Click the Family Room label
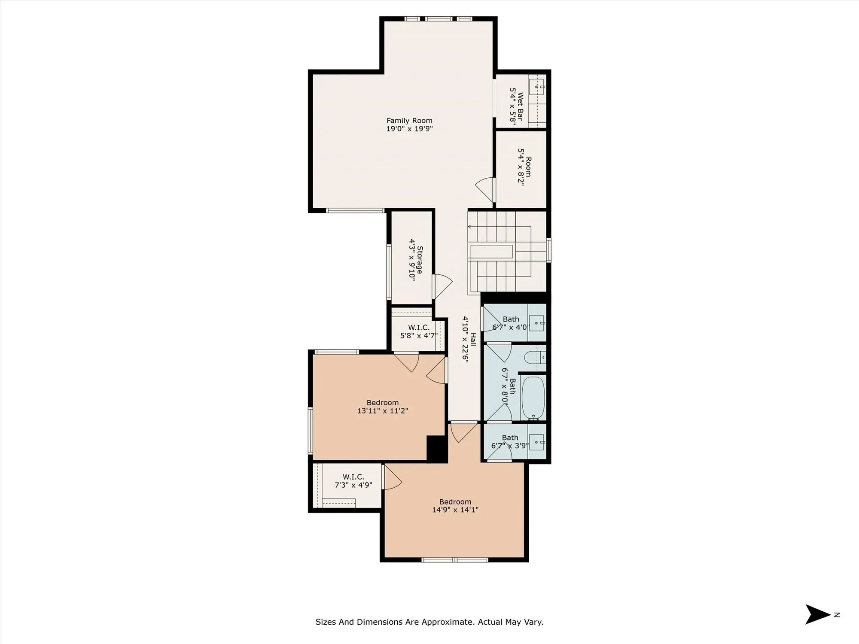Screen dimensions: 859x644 (x=409, y=121)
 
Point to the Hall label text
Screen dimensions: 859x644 (x=473, y=340)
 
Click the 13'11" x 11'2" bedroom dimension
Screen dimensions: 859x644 (x=382, y=411)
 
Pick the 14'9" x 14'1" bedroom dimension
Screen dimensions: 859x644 (x=455, y=510)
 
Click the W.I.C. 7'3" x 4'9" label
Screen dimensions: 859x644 (x=353, y=481)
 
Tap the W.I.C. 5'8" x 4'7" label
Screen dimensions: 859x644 (x=419, y=331)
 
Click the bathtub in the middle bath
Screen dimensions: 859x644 (x=533, y=398)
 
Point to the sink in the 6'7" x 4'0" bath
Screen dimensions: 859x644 (x=537, y=323)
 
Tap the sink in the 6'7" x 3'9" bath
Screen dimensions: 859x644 (x=537, y=442)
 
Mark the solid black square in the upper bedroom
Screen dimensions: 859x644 (x=437, y=448)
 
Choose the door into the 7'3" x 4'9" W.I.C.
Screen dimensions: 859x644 (x=393, y=477)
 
